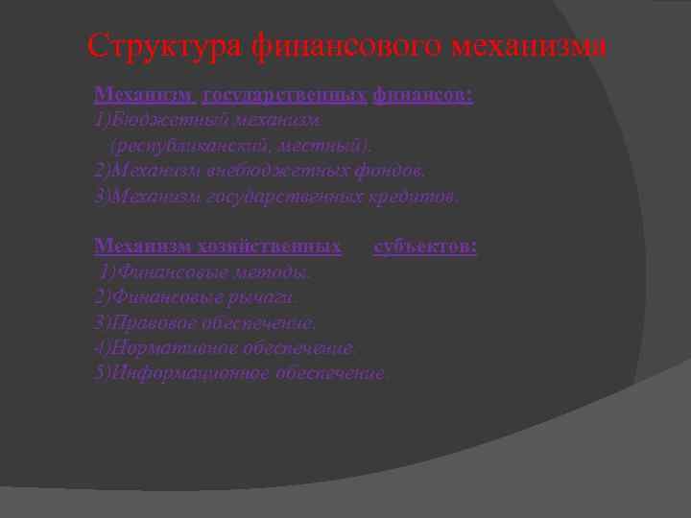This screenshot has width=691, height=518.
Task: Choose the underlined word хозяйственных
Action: click(x=272, y=247)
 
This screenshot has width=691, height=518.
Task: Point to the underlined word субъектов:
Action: click(x=425, y=247)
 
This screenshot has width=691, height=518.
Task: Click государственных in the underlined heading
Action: click(x=284, y=96)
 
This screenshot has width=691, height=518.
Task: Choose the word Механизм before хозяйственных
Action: click(x=142, y=247)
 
